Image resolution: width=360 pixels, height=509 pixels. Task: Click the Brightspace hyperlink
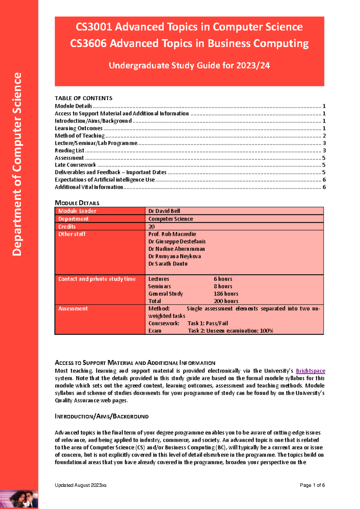(310, 371)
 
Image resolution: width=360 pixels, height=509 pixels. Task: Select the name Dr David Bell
(164, 211)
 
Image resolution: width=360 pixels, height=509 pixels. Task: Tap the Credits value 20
(151, 227)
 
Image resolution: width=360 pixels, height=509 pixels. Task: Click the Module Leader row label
(77, 211)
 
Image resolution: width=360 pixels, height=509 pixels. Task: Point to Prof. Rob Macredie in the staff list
(172, 234)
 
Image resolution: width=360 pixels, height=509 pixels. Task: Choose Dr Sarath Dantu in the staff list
(168, 264)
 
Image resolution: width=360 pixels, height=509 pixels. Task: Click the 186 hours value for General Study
(226, 294)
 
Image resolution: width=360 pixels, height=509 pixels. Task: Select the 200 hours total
(226, 301)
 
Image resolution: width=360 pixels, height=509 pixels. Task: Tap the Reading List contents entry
(69, 151)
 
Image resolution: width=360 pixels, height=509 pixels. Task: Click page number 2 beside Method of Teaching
(324, 136)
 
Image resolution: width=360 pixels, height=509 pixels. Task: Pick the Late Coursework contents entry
(75, 165)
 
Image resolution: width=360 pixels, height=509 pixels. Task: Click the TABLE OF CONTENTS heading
(83, 98)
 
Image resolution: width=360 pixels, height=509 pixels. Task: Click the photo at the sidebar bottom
(19, 499)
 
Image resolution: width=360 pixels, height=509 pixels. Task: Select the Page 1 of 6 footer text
(312, 485)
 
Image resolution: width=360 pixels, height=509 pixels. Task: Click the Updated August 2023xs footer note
(80, 485)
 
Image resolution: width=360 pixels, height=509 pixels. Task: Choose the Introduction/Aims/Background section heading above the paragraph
(101, 417)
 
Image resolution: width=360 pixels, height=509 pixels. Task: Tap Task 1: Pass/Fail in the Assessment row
(208, 324)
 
